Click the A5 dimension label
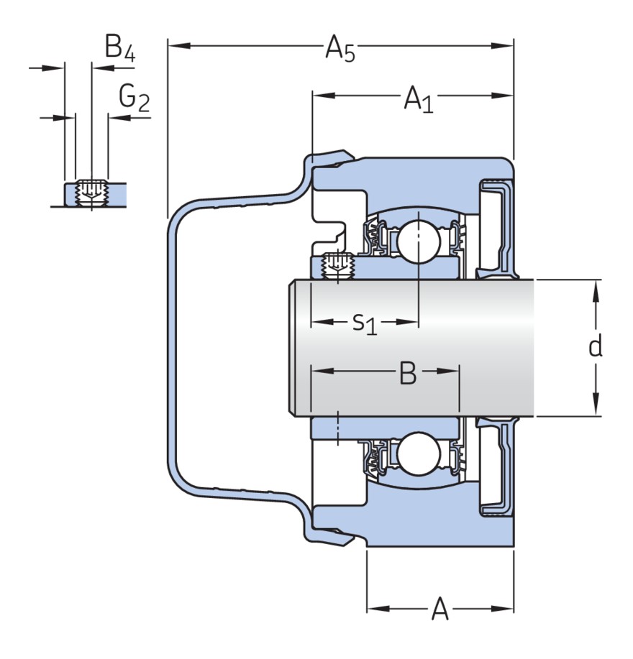point(340,49)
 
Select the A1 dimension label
point(419,98)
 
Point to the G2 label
point(134,98)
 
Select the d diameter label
point(595,347)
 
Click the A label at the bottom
point(440,610)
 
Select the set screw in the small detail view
point(91,190)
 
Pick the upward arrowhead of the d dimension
point(596,288)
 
